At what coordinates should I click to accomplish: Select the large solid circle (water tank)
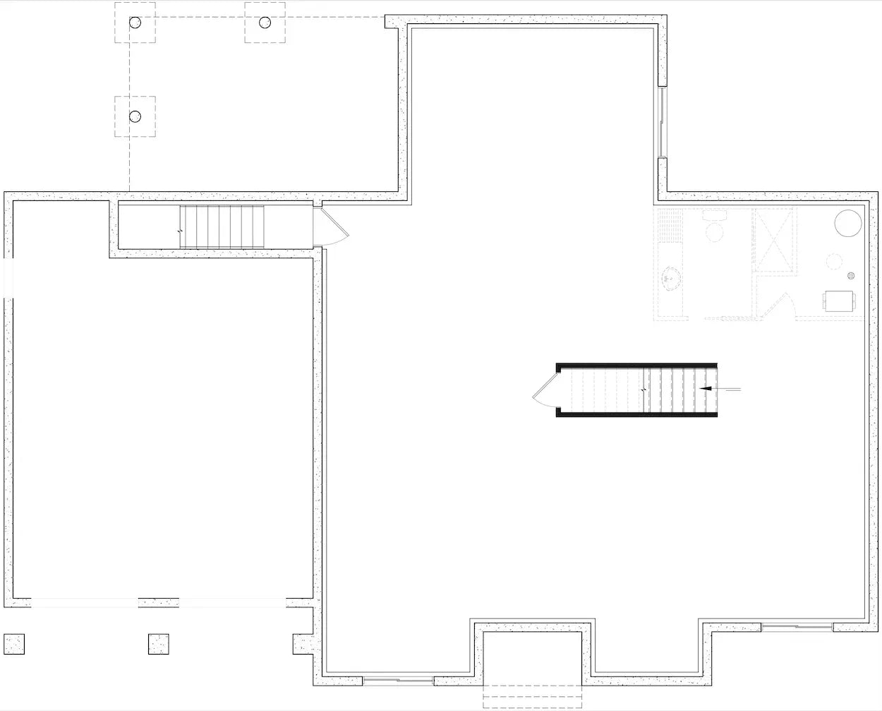click(x=848, y=223)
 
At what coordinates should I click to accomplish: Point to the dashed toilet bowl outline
click(x=715, y=231)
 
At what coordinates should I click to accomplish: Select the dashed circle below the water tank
click(x=835, y=261)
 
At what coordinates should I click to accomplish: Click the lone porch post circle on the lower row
click(x=135, y=116)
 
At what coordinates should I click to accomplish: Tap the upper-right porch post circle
click(x=265, y=23)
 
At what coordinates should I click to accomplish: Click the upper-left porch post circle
click(x=135, y=23)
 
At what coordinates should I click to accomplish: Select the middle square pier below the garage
click(x=159, y=644)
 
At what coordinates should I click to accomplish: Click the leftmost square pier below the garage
click(x=14, y=644)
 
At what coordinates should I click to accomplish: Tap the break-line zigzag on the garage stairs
click(x=181, y=231)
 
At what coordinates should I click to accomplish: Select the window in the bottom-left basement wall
click(x=398, y=681)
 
